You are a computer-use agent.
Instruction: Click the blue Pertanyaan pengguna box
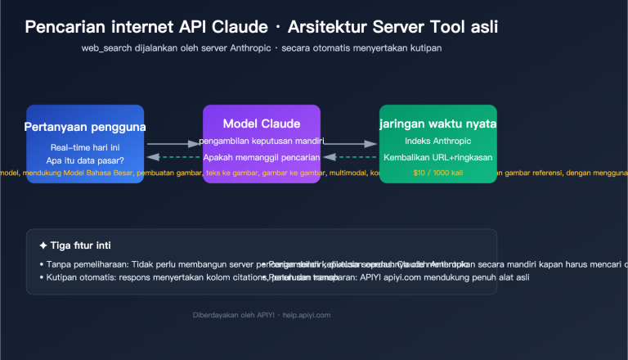click(x=85, y=143)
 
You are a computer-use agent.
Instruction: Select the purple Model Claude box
click(x=262, y=143)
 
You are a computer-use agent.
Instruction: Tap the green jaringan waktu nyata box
click(x=438, y=143)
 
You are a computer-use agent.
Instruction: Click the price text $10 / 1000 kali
click(x=438, y=173)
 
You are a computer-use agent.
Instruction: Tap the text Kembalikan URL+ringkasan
click(x=438, y=157)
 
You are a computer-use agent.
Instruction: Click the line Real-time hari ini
click(x=84, y=147)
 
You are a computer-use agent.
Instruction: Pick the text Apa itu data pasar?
click(x=84, y=160)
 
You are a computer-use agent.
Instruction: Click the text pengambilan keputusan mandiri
click(x=262, y=142)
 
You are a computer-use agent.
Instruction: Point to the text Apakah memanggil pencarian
click(x=262, y=157)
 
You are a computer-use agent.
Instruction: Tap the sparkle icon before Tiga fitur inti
click(x=43, y=245)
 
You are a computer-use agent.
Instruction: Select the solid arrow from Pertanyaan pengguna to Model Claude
click(x=173, y=143)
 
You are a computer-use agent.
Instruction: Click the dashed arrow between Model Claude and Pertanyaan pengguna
click(x=173, y=157)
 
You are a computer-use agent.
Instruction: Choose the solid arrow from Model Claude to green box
click(x=350, y=143)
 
